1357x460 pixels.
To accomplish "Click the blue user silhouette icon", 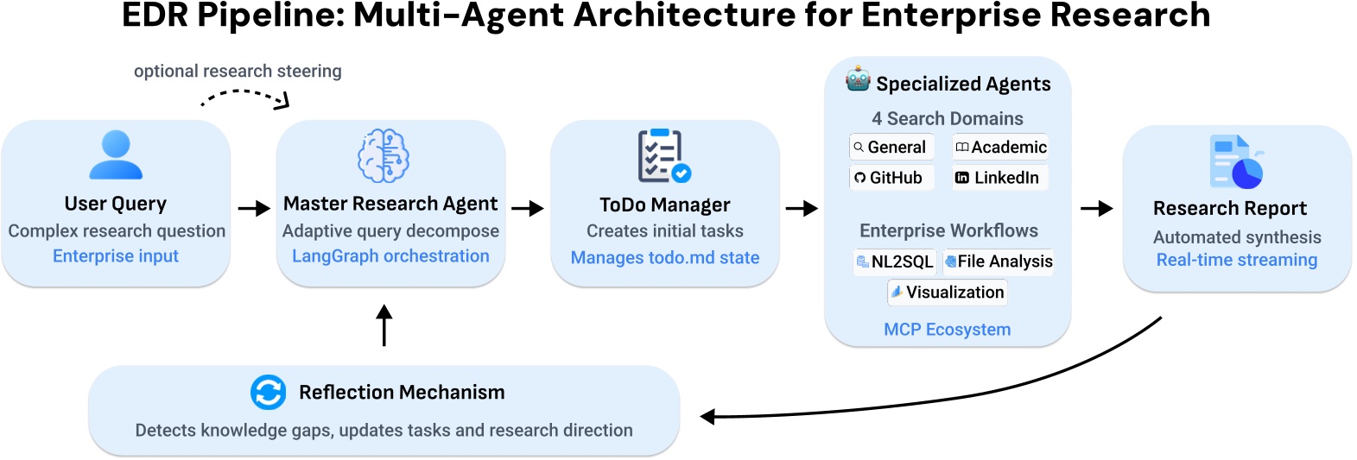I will [x=116, y=154].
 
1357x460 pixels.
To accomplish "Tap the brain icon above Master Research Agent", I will [x=384, y=155].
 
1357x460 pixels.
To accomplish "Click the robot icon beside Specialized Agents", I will [x=858, y=79].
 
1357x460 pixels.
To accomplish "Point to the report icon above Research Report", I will [x=1236, y=161].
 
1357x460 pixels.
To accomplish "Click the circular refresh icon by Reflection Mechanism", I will [x=268, y=392].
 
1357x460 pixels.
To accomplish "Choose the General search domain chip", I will [x=891, y=148].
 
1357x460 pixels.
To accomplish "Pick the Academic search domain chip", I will [x=1000, y=148].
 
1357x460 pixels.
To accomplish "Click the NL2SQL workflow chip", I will [x=895, y=262].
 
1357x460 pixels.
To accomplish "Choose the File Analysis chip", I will [x=999, y=262].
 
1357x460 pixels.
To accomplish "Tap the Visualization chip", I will [x=948, y=293].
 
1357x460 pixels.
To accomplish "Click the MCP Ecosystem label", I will [x=947, y=330].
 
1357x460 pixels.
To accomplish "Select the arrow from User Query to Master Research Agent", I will [x=254, y=209].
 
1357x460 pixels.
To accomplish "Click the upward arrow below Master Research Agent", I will [x=384, y=325].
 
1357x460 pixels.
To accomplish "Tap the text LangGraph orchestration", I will [x=390, y=256].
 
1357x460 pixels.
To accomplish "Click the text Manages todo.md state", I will [x=665, y=258].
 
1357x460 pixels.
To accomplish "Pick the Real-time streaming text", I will [x=1236, y=260].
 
